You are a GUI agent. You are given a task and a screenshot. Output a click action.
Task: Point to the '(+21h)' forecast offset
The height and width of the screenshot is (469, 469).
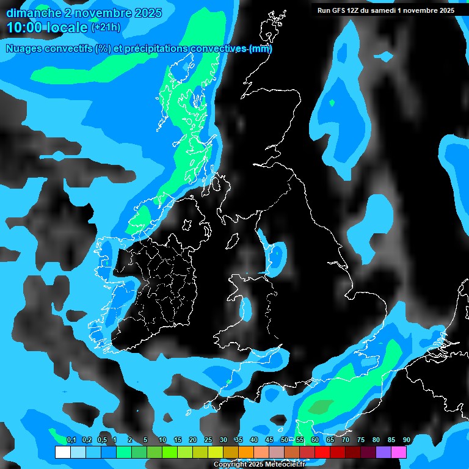(x=106, y=27)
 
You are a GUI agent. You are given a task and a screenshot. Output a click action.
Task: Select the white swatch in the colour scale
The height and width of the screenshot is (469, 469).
(x=62, y=453)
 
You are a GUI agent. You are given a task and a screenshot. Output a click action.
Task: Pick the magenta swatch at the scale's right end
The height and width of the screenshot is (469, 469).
(x=399, y=453)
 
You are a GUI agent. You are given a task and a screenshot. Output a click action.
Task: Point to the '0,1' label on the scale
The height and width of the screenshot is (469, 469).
(x=71, y=440)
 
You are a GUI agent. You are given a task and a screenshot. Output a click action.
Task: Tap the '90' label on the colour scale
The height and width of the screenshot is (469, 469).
(x=406, y=440)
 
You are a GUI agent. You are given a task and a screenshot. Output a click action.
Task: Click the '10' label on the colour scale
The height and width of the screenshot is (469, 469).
(x=162, y=440)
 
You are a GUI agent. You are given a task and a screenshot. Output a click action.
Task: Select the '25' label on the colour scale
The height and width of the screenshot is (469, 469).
(x=208, y=440)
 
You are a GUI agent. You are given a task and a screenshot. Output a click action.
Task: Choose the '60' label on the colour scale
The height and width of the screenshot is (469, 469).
(x=314, y=440)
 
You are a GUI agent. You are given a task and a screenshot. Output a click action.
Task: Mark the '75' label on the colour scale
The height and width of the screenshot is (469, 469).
(x=360, y=440)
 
